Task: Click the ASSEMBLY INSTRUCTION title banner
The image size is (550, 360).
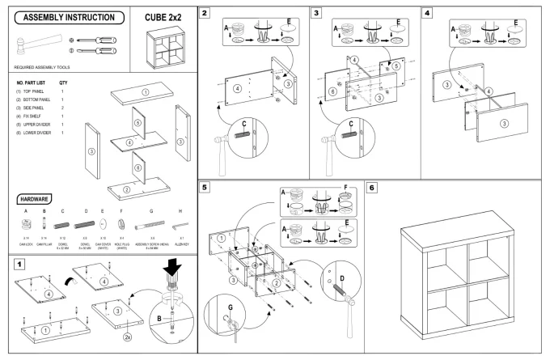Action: pos(66,18)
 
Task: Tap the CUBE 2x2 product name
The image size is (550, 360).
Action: pos(163,17)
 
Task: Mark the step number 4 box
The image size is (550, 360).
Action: pos(427,14)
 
